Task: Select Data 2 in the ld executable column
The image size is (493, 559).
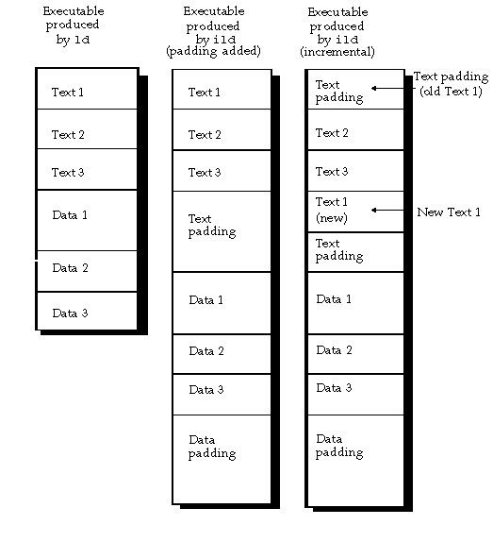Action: pos(87,271)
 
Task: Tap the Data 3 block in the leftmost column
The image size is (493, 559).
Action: pos(87,312)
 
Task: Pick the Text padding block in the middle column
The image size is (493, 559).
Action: pos(222,231)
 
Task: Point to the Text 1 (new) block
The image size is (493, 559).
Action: pos(355,211)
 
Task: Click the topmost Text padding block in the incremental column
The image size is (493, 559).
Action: pos(355,90)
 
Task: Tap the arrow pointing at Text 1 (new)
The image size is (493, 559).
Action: pos(387,210)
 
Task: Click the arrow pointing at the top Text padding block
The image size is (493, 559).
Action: pos(387,88)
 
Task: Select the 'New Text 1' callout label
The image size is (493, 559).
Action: pos(449,212)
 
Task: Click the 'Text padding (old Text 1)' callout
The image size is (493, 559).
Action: pos(451,83)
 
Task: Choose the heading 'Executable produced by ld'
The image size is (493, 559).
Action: pos(73,25)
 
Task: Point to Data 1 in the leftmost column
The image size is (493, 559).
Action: pos(87,220)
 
